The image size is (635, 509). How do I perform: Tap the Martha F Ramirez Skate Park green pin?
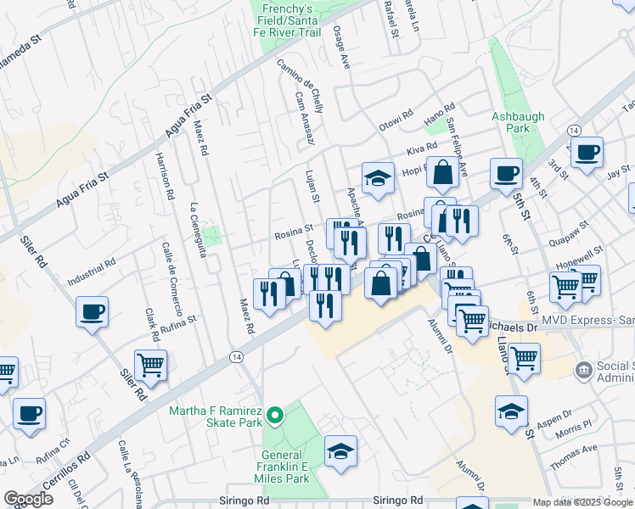274,415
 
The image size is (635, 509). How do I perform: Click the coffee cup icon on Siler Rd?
92,311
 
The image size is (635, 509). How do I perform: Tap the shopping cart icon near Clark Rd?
150,366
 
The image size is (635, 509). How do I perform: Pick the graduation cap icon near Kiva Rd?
378,177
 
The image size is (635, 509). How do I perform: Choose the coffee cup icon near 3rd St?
587,153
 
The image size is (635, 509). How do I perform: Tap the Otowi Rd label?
395,122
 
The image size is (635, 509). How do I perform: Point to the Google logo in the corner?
29,499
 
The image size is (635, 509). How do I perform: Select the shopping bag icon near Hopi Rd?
442,172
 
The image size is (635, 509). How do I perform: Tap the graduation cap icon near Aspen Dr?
510,411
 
